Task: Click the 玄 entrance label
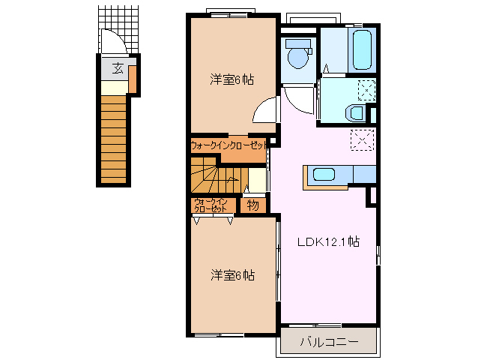coord(118,68)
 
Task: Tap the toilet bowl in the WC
coord(297,55)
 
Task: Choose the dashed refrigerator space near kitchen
coord(363,140)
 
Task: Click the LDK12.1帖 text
coord(328,242)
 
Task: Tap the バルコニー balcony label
coord(328,342)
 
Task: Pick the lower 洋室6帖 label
coord(232,274)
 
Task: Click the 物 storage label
coord(252,204)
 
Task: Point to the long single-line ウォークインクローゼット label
coord(228,145)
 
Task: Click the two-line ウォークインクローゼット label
coord(211,205)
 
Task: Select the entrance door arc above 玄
coord(112,41)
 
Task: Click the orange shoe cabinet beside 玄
coord(133,79)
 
